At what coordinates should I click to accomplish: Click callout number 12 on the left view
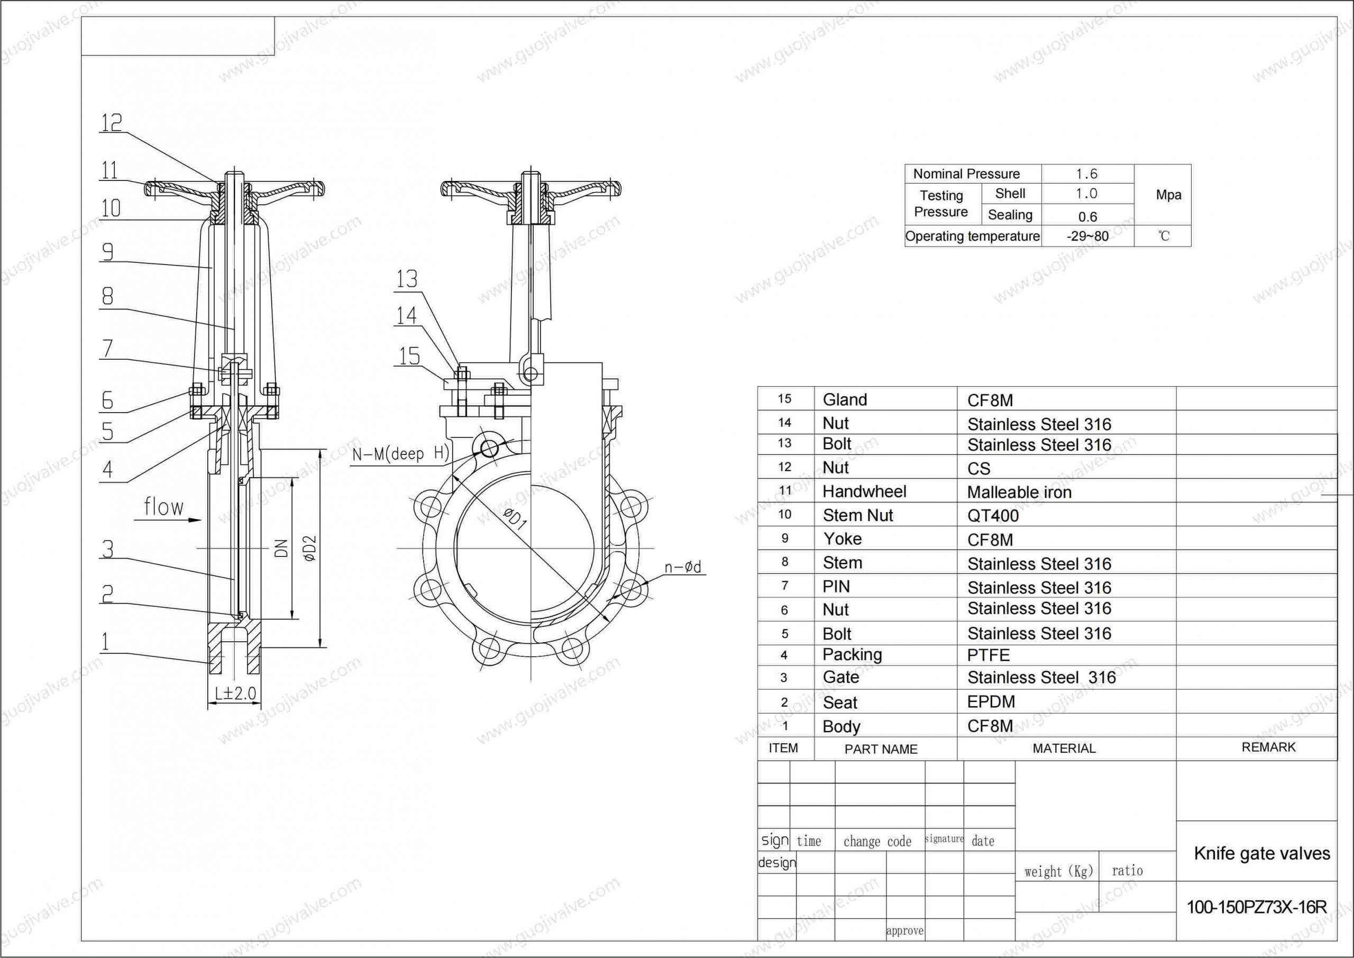pos(112,123)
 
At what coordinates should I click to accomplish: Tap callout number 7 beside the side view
pos(107,348)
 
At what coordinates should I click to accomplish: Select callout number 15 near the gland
pos(409,355)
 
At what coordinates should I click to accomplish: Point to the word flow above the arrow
pos(164,507)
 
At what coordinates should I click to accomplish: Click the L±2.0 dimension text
pos(235,693)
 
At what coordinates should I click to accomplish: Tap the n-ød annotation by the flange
pos(683,567)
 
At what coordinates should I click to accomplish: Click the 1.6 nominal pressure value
pos(1087,174)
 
